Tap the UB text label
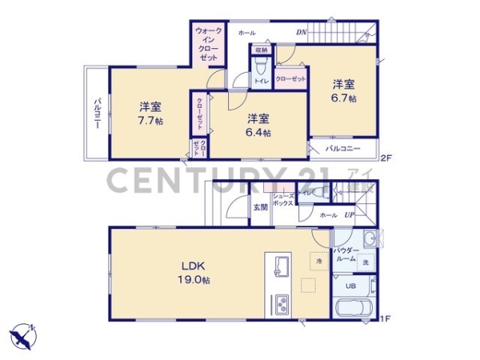(350, 286)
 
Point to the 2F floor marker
(385, 158)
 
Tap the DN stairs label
(302, 33)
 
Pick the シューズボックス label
(282, 200)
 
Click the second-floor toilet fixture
(261, 64)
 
